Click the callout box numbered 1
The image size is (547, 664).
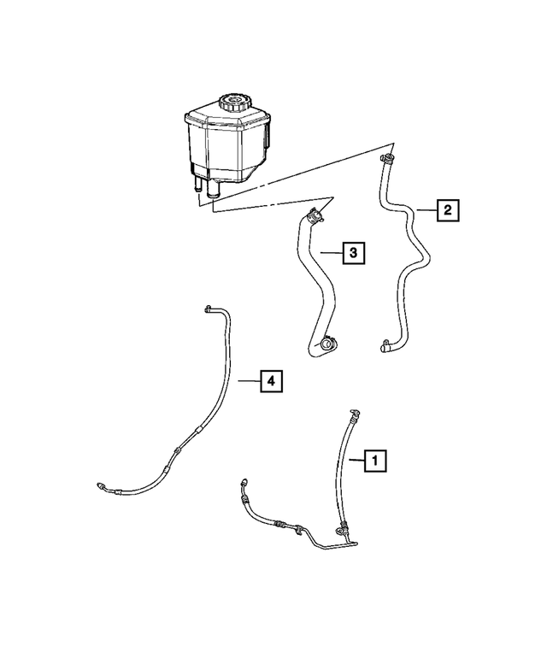pos(374,461)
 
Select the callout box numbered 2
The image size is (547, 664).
pos(448,209)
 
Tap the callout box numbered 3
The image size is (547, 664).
pos(354,253)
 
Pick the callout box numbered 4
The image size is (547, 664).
pos(270,381)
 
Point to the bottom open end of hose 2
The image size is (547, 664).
pos(382,347)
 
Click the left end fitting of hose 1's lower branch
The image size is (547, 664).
pos(246,484)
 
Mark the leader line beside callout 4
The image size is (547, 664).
pos(248,381)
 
